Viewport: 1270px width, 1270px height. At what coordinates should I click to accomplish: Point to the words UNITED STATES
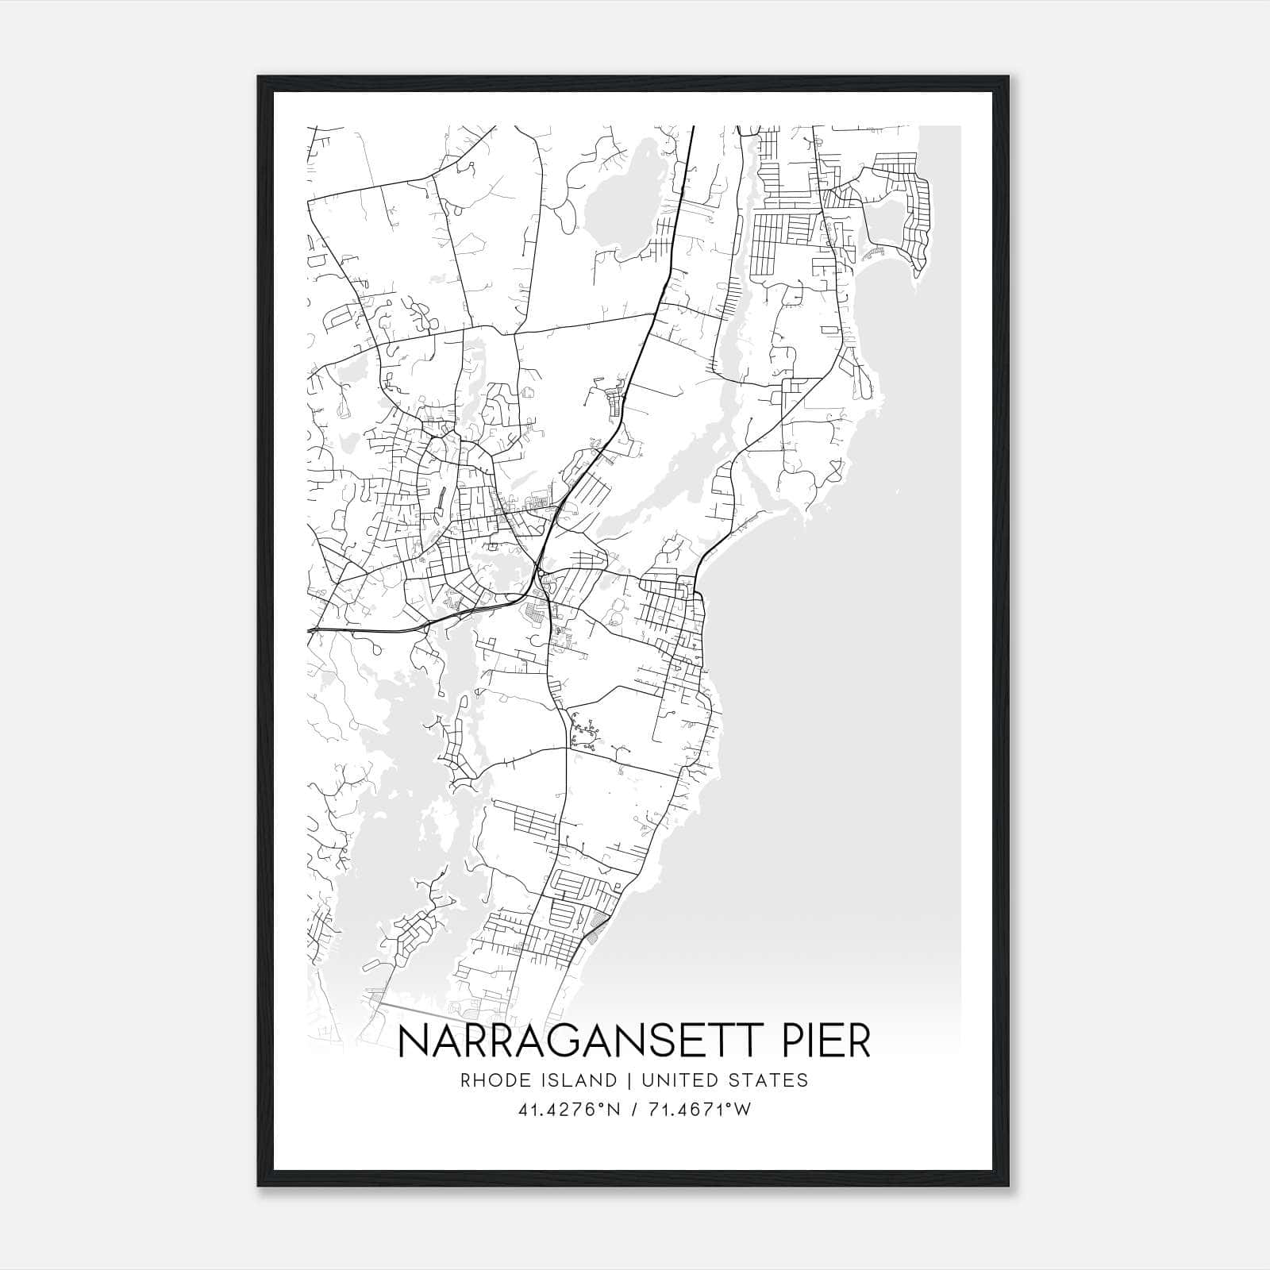(x=724, y=1080)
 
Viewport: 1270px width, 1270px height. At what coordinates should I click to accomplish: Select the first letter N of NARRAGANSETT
(x=412, y=1041)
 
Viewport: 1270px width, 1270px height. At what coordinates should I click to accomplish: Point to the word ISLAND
(x=586, y=1080)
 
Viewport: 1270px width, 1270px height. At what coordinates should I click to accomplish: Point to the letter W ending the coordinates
(x=743, y=1110)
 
